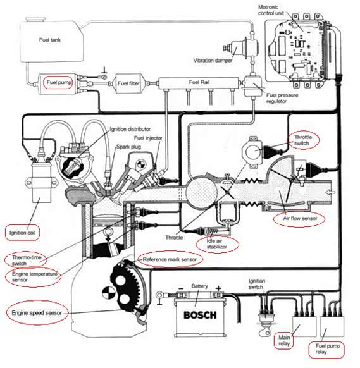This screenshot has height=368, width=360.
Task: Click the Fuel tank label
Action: pos(50,40)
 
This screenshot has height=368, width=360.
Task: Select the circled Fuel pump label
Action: pos(58,83)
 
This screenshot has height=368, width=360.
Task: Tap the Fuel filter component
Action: pos(128,83)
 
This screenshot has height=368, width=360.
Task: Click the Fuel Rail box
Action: pos(199,83)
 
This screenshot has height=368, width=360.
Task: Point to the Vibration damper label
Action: pos(213,60)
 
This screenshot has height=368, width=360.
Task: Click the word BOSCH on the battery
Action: pos(200,315)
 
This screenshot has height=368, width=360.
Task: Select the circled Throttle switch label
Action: pos(303,140)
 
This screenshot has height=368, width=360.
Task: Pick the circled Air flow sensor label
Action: pos(300,219)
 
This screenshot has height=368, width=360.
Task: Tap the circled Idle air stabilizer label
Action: pos(217,244)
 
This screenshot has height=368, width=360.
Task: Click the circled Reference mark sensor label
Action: pos(170,259)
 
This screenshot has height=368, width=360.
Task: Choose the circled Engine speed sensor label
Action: pos(37,313)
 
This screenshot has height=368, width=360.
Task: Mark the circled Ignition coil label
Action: pos(22,233)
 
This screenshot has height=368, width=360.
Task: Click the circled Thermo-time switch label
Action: pos(26,260)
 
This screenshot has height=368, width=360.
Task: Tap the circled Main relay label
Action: pos(284,341)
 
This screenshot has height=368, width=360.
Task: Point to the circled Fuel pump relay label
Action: pos(326,349)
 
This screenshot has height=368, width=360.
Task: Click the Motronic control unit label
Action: pos(271,10)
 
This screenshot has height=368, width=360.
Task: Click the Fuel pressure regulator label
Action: pos(282,98)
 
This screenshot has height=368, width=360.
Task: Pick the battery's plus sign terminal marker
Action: pos(218,288)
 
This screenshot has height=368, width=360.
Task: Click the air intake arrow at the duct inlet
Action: pos(330,192)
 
